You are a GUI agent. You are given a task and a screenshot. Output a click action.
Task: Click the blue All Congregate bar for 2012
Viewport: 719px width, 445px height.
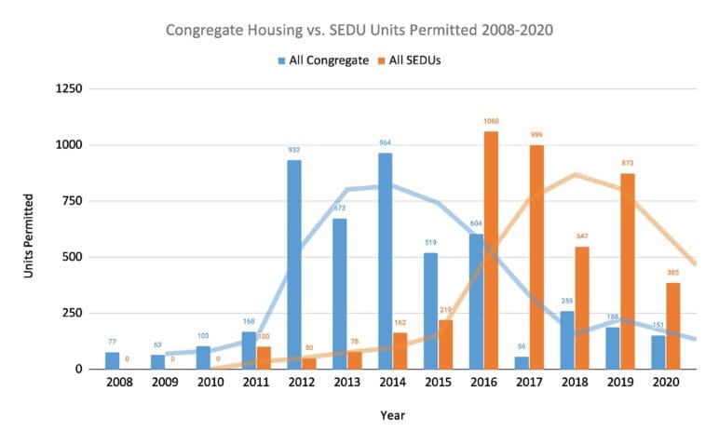click(294, 264)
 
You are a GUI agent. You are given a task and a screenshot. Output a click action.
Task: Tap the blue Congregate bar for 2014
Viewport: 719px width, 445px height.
click(386, 261)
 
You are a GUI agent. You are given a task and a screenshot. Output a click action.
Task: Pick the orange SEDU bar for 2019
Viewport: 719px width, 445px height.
click(628, 271)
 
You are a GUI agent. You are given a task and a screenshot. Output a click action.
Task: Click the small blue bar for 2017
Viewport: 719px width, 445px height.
click(522, 362)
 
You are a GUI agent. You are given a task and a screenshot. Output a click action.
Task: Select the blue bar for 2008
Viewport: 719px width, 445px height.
click(112, 360)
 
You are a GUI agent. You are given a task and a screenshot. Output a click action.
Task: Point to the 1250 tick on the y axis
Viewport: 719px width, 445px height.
click(69, 89)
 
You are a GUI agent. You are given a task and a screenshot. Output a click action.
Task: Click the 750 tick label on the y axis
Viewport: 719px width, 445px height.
click(74, 201)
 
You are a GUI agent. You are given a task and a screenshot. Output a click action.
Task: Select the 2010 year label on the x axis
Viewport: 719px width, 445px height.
click(210, 383)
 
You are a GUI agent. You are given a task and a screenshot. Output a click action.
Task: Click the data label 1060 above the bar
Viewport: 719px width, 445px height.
click(492, 122)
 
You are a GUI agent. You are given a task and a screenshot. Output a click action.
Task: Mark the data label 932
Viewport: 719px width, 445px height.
click(294, 151)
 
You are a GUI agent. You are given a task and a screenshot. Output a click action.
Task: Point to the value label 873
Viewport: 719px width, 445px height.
click(628, 164)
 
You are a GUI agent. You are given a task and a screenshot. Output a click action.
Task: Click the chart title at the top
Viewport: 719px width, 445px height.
click(359, 30)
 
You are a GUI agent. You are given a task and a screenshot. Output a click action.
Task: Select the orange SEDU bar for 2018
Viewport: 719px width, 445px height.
click(582, 307)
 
